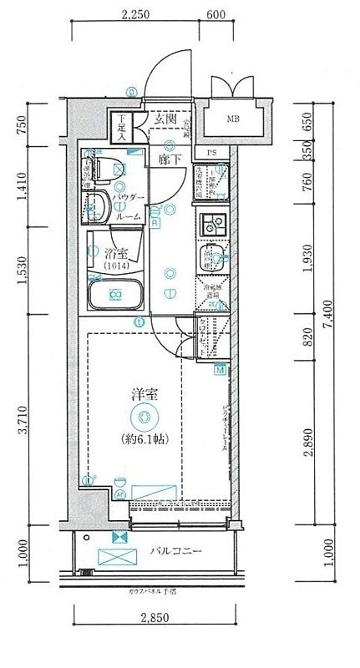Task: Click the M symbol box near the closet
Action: point(221,370)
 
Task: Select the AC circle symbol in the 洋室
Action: point(119,495)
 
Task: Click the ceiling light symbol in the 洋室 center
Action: point(145,417)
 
